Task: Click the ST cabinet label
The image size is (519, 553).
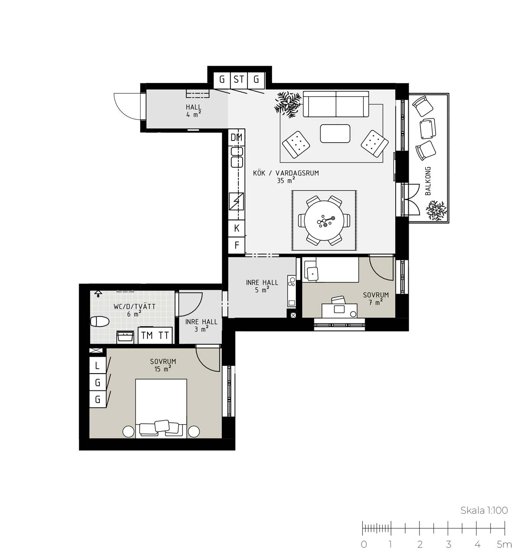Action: (x=239, y=80)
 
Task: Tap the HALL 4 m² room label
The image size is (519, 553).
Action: (x=194, y=111)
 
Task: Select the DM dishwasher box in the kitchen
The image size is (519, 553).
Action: (x=237, y=137)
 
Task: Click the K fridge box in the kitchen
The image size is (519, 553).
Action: (x=237, y=228)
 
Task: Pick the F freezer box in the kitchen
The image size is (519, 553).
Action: (x=237, y=245)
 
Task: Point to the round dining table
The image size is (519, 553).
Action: (x=324, y=221)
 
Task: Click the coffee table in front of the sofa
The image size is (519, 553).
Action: (x=335, y=134)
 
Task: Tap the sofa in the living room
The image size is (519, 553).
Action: (x=336, y=104)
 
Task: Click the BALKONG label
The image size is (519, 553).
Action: (x=428, y=181)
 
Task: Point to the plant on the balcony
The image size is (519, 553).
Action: (x=436, y=211)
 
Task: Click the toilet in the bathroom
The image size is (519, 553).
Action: (x=99, y=322)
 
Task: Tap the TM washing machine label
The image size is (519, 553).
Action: (x=147, y=336)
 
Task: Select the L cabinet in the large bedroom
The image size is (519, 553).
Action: (x=97, y=365)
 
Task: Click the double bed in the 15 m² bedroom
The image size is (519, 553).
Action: (x=161, y=409)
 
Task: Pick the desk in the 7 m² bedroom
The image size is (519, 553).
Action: (x=340, y=310)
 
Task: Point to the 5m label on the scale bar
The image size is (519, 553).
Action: (x=505, y=544)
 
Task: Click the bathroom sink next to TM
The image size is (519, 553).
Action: (x=125, y=337)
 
